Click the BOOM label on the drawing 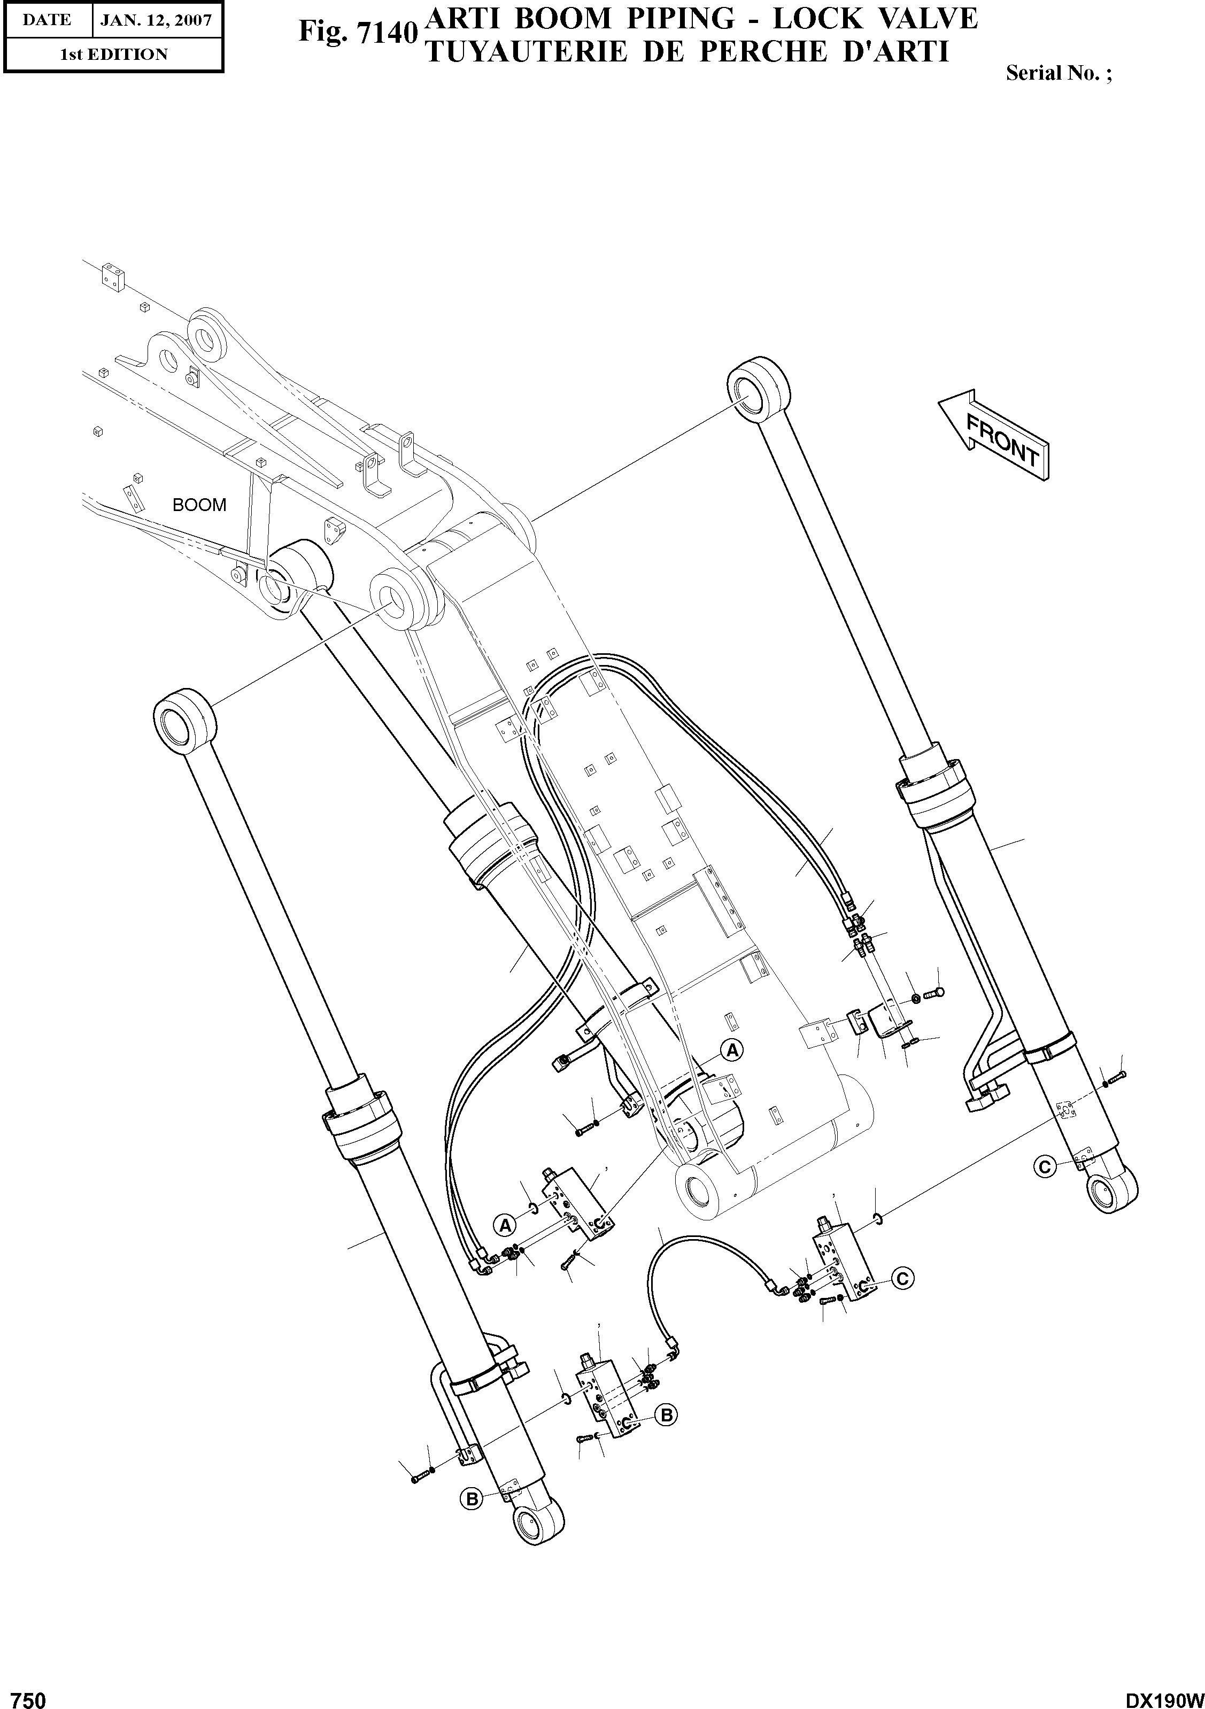199,505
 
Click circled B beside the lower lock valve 666,1415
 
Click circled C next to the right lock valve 901,1278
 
